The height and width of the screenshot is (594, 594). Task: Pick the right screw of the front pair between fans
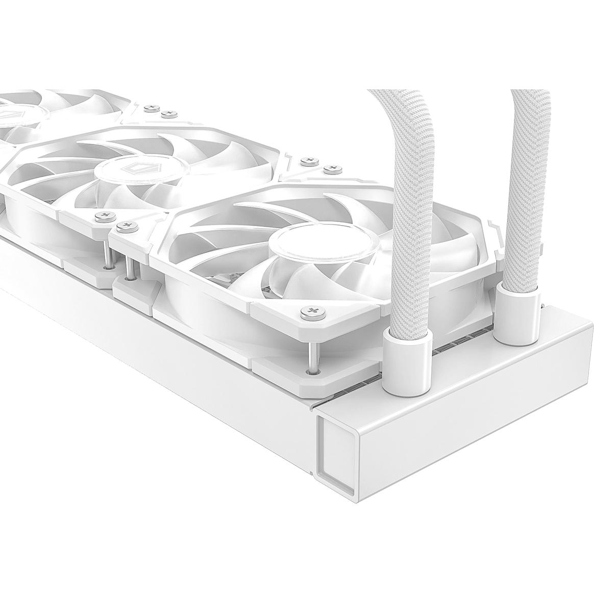[x=122, y=225]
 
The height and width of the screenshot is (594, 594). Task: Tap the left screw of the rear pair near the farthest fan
[x=150, y=108]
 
